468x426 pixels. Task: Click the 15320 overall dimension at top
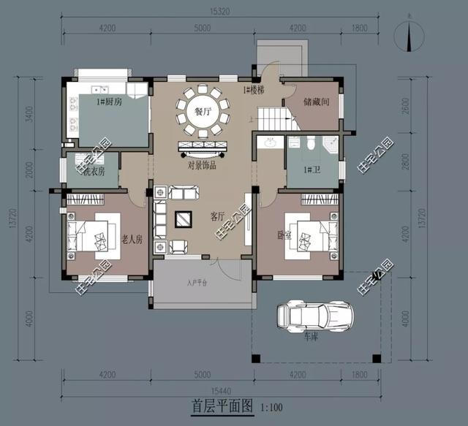coord(222,12)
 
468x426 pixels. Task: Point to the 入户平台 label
coord(197,282)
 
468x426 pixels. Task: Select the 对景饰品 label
coord(202,165)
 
